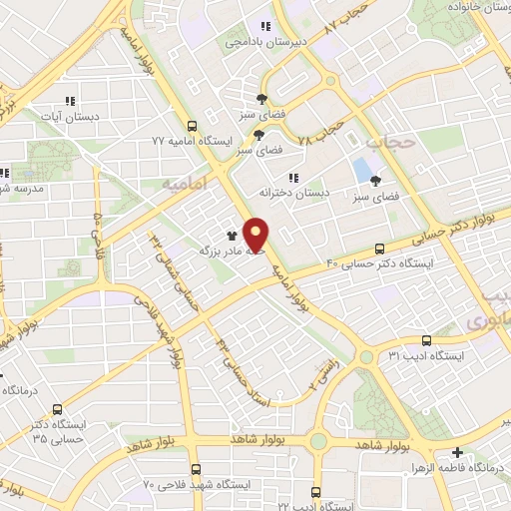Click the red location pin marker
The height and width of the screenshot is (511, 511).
(x=256, y=235)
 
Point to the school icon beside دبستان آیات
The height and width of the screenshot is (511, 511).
(x=70, y=101)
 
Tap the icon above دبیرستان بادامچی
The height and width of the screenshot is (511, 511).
(x=265, y=27)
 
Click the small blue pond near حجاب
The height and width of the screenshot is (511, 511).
(x=359, y=170)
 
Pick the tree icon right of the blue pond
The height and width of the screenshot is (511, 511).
(x=375, y=182)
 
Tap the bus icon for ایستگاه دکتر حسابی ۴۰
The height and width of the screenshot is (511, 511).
(x=379, y=249)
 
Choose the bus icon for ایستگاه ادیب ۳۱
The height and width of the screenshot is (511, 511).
(x=426, y=340)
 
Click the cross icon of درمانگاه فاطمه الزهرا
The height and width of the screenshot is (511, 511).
(x=457, y=452)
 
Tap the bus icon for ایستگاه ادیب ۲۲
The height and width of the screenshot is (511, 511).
(x=315, y=492)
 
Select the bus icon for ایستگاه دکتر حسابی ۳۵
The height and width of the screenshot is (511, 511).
(x=57, y=409)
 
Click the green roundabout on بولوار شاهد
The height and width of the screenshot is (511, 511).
(x=318, y=440)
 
